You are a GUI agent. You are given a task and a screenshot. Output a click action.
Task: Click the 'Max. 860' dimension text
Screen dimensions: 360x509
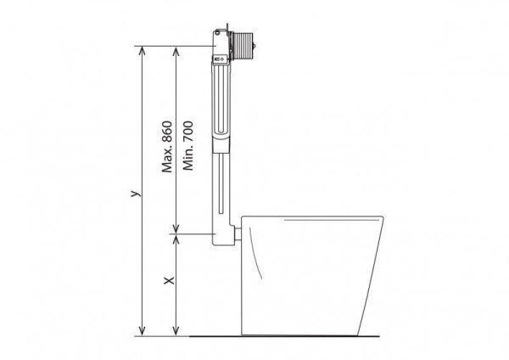[x=167, y=145]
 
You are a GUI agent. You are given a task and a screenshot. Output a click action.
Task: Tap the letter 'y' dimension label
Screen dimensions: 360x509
[x=133, y=194]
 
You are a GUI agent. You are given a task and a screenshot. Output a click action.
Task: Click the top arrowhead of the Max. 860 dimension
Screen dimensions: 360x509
[x=176, y=49]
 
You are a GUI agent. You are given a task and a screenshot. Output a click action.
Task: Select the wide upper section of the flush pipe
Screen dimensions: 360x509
[x=220, y=102]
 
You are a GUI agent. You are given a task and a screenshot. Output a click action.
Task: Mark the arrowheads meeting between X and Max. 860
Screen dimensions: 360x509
[x=176, y=231]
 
